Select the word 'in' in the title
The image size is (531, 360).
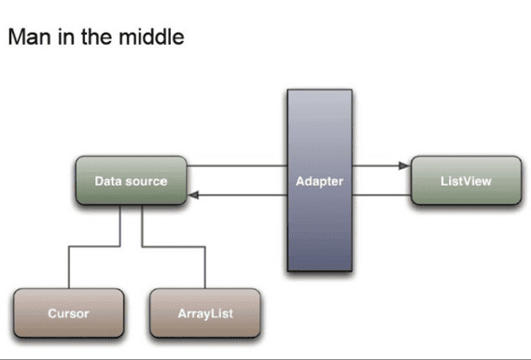coord(69,38)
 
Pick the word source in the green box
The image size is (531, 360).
coord(147,181)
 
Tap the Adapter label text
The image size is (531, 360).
coord(319,181)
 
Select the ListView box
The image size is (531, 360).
coord(465,181)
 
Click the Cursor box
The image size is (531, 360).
coord(68,313)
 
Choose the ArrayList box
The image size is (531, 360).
coord(204,313)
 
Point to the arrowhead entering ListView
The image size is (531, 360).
coord(404,166)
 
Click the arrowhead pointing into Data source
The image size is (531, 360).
coord(192,195)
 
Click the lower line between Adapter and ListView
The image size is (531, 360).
coord(381,195)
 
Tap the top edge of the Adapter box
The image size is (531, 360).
coord(319,90)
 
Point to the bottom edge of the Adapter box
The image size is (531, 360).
coord(319,270)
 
